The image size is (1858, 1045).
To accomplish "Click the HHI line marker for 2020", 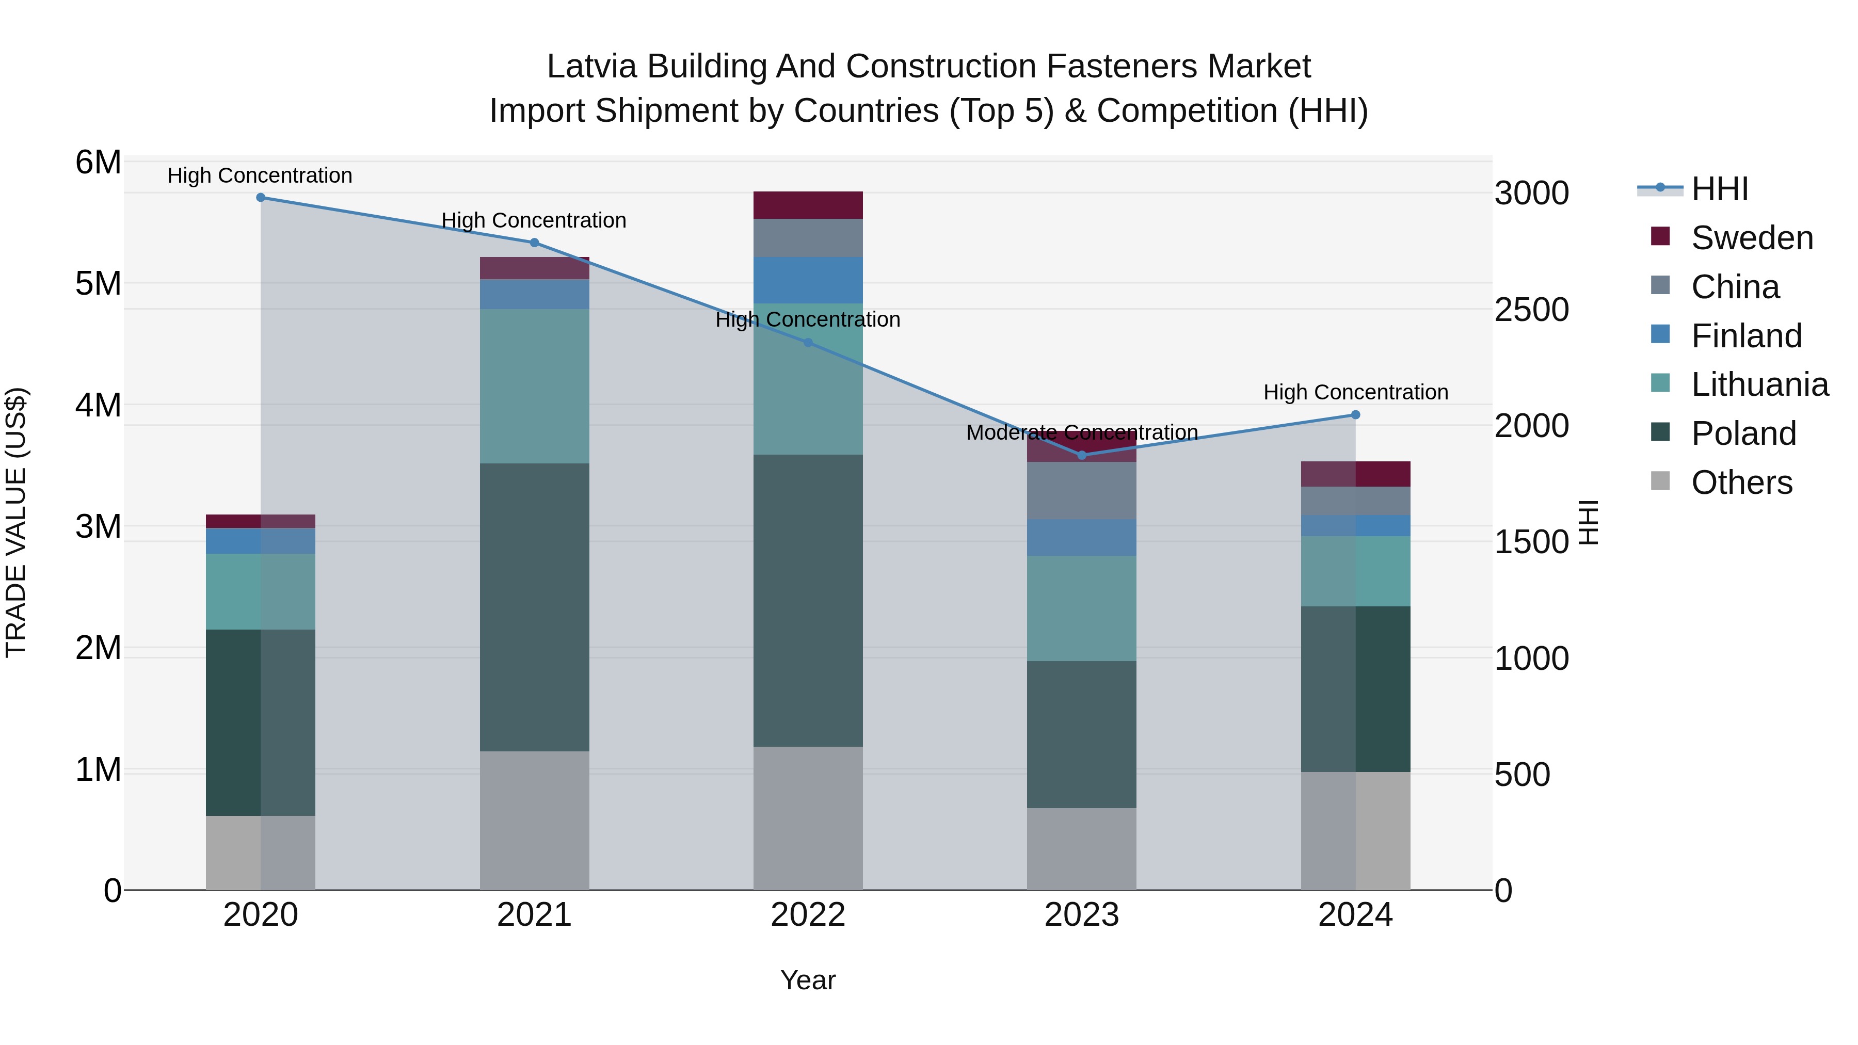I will (261, 198).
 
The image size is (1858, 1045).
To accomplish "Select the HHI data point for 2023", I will (1081, 455).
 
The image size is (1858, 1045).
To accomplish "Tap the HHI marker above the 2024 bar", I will (1355, 415).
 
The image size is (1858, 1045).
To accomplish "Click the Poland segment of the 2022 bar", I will (808, 600).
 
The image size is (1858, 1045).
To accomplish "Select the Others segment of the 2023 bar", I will (1081, 849).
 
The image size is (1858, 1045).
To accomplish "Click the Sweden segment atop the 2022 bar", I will (808, 205).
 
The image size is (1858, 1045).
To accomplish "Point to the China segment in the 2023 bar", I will (1081, 490).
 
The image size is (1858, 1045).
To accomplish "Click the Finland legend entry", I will (1745, 336).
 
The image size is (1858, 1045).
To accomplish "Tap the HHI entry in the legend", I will (1720, 189).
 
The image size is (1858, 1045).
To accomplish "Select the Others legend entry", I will (1741, 483).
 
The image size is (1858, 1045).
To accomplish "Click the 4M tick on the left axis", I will (99, 405).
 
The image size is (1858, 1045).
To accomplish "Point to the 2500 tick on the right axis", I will (1531, 310).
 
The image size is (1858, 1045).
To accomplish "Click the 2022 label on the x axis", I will (808, 915).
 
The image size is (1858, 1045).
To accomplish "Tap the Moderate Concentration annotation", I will (1081, 433).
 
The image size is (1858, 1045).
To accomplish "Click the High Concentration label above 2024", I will (1355, 392).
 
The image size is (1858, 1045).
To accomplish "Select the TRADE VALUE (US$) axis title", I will (16, 522).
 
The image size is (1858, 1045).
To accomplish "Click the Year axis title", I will (808, 980).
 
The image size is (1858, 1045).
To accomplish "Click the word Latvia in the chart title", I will (591, 67).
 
